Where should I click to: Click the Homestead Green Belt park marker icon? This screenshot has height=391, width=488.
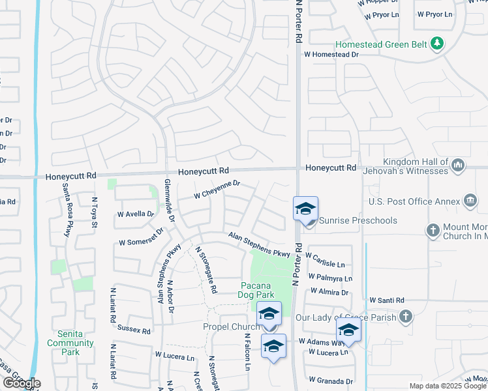point(437,44)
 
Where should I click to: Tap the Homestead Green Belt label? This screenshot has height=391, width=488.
point(382,45)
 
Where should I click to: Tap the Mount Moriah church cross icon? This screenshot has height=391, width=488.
point(432,230)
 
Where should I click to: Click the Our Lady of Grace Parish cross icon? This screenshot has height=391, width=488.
point(405,317)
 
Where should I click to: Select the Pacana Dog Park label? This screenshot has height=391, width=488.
point(265,290)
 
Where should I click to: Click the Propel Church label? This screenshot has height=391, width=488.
point(232,326)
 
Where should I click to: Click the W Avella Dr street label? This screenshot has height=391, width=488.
point(136,214)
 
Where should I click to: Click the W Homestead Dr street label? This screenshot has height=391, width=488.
point(331,55)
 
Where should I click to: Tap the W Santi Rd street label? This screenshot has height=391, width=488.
point(387,300)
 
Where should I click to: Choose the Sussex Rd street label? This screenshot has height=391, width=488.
point(133,330)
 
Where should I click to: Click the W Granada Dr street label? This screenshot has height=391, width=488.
point(331,381)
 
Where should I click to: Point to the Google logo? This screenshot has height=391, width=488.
point(22,383)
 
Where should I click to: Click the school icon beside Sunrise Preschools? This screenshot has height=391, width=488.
point(305,210)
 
